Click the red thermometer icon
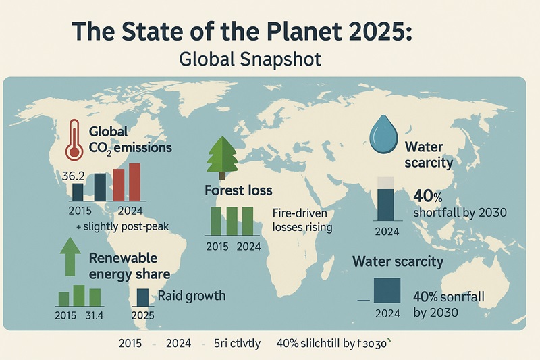75,140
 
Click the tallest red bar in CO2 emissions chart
134,182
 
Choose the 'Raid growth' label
192,296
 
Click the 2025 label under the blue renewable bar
143,315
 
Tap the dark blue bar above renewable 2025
143,298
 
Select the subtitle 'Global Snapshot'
250,59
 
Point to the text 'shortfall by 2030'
458,213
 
